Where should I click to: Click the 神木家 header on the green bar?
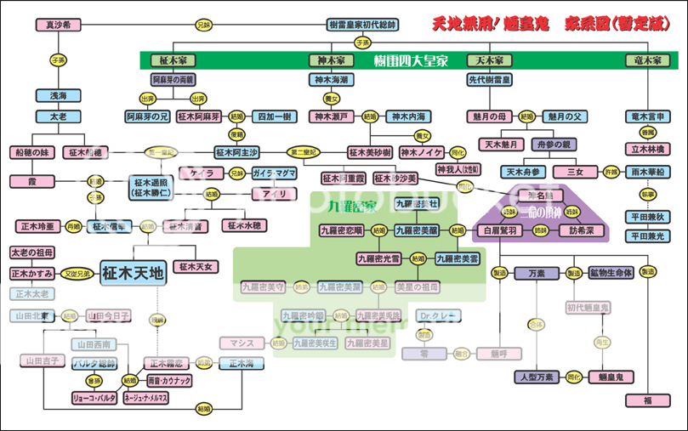[x=330, y=60]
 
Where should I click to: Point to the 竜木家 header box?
[x=648, y=60]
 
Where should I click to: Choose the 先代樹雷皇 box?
[x=489, y=79]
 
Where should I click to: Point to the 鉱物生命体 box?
[x=612, y=273]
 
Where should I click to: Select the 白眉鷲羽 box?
[x=499, y=230]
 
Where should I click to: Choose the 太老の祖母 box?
[x=34, y=253]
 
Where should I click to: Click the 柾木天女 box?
[x=195, y=267]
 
